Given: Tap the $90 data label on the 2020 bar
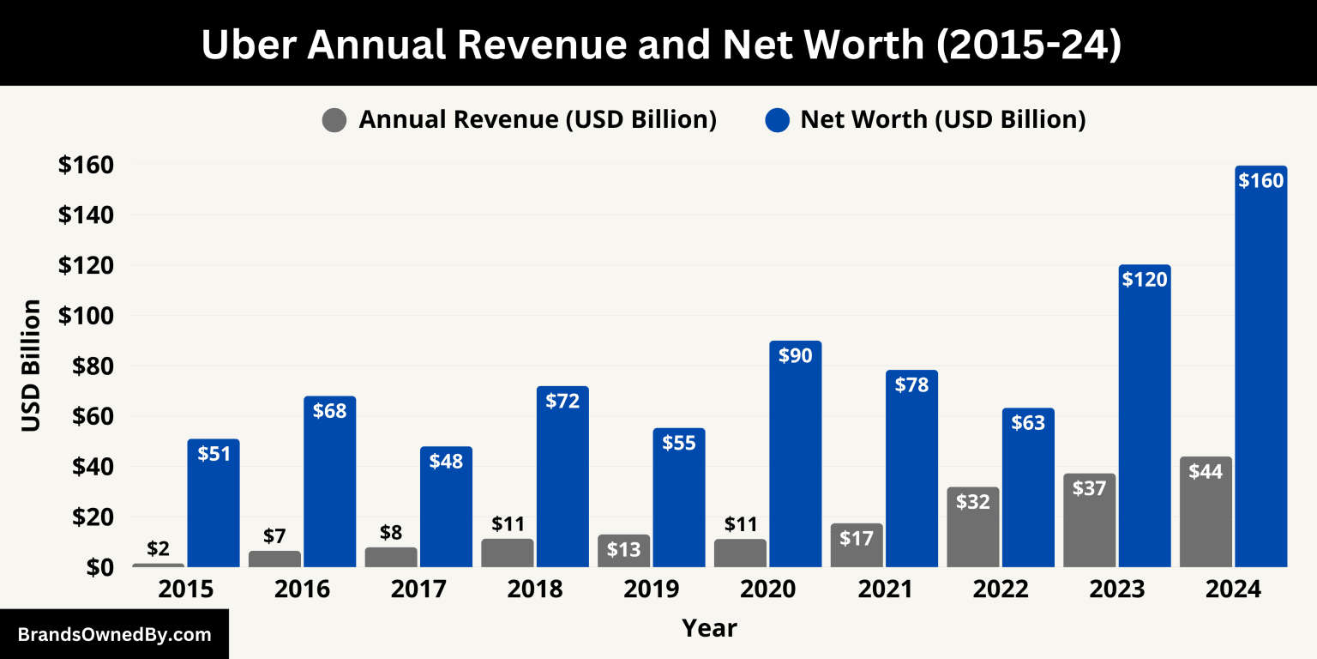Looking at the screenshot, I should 795,355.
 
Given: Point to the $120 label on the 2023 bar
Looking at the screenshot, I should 1145,279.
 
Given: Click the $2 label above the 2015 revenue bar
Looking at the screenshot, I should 158,548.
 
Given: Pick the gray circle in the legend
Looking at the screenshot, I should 334,120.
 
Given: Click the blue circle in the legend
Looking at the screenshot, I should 777,120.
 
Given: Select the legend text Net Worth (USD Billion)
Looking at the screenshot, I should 943,120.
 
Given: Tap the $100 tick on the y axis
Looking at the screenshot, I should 87,316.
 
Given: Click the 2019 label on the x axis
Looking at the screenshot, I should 651,590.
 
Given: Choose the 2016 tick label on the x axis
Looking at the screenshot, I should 302,590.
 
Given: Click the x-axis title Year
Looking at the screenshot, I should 709,628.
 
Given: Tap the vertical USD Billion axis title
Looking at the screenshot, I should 31,366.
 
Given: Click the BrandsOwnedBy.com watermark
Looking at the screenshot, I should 114,635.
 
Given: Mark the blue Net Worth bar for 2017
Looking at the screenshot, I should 446,515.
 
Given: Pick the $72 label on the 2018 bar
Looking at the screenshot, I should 562,401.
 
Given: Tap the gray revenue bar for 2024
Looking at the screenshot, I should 1206,515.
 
